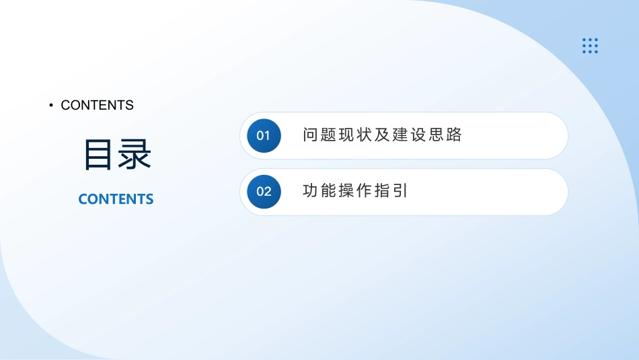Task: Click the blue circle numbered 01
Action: pos(264,136)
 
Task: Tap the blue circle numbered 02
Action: pos(264,192)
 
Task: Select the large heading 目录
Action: pos(118,155)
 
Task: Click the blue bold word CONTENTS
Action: pos(116,199)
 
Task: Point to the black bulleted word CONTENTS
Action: pos(97,105)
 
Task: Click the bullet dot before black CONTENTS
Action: pos(51,105)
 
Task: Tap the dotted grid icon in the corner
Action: pos(590,46)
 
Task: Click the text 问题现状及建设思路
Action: pos(382,135)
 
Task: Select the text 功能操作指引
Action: pos(355,191)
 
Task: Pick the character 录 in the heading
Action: pos(135,155)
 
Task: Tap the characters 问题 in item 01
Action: pos(319,135)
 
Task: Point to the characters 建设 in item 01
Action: pos(409,135)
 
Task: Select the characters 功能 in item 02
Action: pos(319,191)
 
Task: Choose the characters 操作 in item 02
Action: pos(355,191)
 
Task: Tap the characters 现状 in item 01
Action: pos(355,135)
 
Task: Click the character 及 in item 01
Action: pos(382,135)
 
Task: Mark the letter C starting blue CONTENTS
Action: pos(83,199)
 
